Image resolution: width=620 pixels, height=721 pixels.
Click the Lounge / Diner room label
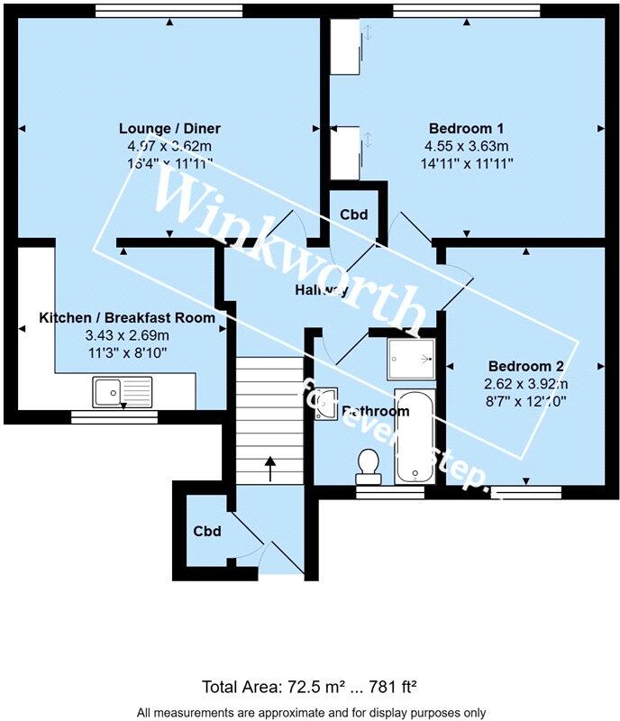point(169,129)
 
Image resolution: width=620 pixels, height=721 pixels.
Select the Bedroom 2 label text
point(525,366)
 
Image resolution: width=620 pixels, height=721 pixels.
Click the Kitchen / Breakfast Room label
point(127,317)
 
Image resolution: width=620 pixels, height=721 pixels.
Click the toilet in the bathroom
point(368,464)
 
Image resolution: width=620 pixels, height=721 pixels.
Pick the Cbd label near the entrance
point(205,531)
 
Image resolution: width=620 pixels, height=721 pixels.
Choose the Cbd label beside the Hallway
point(352,215)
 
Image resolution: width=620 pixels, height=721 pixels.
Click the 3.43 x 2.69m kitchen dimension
point(127,334)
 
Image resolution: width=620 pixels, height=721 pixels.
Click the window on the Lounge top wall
point(169,11)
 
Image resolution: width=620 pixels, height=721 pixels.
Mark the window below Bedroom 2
point(526,492)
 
